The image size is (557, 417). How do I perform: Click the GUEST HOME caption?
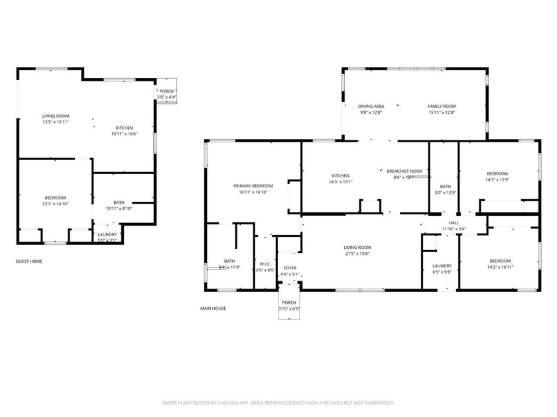(29, 261)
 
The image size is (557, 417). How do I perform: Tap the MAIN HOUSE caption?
(213, 308)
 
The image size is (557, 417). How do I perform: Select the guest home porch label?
(166, 91)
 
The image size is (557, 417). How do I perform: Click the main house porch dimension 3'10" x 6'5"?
(290, 308)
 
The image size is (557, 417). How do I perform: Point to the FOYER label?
(290, 268)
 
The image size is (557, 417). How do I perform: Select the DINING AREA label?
(371, 107)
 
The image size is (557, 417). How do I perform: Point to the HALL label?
(454, 223)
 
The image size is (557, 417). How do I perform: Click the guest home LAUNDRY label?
(107, 234)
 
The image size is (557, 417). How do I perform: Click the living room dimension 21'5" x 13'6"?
(357, 254)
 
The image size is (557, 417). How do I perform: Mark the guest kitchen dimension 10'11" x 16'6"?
(124, 134)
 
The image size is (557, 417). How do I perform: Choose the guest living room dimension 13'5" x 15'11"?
(56, 122)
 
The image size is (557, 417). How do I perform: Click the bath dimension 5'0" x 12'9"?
(445, 193)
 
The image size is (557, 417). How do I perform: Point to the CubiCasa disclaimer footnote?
(278, 402)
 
